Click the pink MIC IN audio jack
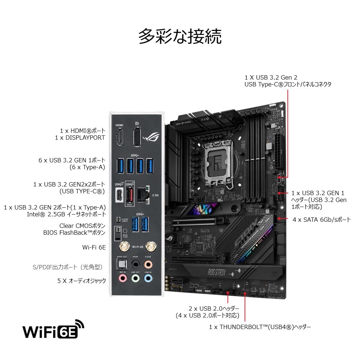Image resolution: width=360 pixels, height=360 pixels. click(123, 278)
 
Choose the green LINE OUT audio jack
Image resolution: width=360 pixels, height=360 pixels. click(135, 278)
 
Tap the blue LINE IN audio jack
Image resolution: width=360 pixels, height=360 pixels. click(148, 278)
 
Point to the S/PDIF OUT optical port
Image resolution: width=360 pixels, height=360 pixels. click(123, 264)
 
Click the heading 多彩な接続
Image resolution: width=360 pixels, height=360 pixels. click(180, 37)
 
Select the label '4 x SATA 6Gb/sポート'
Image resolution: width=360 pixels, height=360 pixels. click(321, 219)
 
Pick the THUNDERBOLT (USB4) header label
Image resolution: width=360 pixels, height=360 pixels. click(260, 327)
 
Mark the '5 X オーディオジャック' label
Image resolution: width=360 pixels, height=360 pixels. click(82, 280)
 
